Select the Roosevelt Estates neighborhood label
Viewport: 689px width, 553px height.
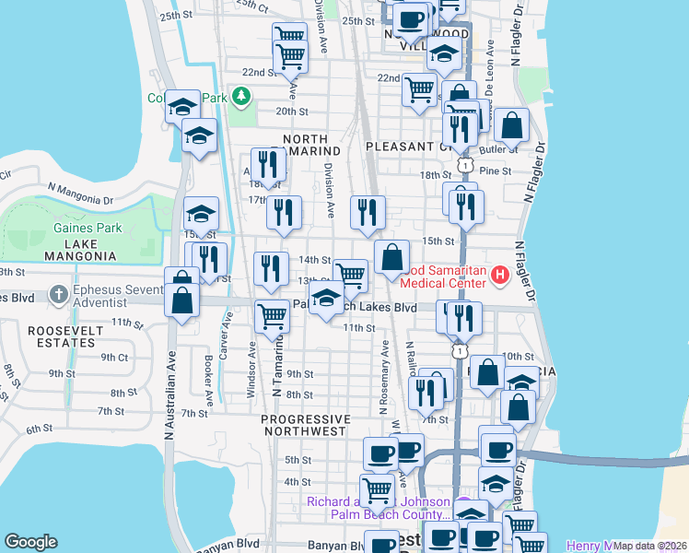[61, 335]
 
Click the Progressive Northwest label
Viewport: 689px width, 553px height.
[305, 425]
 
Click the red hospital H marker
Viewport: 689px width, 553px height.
[500, 275]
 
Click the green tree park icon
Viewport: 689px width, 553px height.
[241, 95]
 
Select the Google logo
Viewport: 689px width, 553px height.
[30, 542]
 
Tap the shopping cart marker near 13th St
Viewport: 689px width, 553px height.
[350, 275]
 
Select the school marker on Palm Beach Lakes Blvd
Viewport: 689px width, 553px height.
[326, 299]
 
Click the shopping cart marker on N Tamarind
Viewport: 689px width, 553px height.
[272, 315]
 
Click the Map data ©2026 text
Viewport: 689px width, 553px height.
[649, 546]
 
